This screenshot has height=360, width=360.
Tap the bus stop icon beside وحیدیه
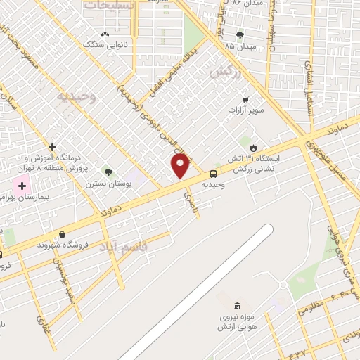pos(212,174)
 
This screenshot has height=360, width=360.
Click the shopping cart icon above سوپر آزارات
pos(245,99)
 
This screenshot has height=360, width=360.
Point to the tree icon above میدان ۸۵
pos(240,34)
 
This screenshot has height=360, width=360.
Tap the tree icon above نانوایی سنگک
pos(105,33)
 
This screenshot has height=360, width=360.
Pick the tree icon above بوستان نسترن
pos(108,172)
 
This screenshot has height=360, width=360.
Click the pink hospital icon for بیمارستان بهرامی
pos(21,187)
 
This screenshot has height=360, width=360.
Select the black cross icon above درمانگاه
pos(52,147)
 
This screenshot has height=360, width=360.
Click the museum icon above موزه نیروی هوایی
pos(236,306)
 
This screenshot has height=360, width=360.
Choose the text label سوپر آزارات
pos(245,111)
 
